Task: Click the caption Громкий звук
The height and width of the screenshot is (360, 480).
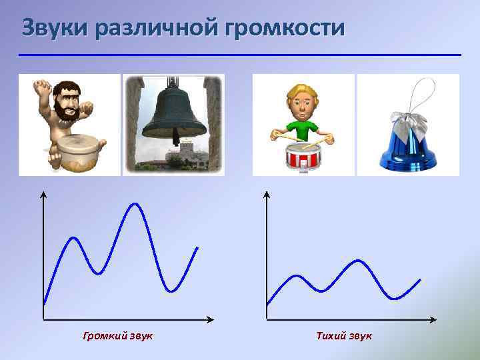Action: [x=117, y=335]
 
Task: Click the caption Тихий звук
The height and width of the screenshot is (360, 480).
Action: [x=344, y=335]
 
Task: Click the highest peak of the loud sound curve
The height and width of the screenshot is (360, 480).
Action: [x=135, y=203]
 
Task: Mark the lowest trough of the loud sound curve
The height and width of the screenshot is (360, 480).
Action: [x=172, y=291]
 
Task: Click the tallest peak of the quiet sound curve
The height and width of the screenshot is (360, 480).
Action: [x=359, y=261]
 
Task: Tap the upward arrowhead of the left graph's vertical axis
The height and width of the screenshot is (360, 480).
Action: [x=43, y=195]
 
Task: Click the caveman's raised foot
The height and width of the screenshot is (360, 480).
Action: [x=41, y=86]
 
